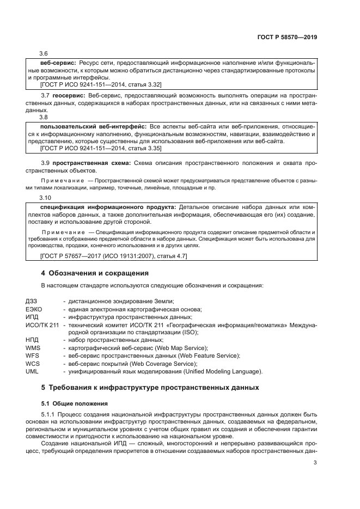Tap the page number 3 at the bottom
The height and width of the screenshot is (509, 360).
(315, 463)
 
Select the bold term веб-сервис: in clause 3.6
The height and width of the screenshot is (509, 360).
(57, 63)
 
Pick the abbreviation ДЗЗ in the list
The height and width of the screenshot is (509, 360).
(32, 302)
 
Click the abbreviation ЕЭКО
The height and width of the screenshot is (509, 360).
(34, 309)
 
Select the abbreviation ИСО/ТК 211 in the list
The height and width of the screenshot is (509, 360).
(42, 324)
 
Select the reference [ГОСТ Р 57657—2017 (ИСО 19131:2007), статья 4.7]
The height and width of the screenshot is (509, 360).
(114, 256)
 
